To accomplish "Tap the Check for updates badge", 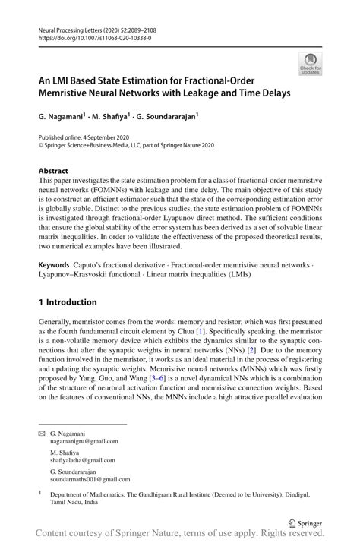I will (x=310, y=64).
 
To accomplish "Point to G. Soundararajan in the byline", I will (x=168, y=118).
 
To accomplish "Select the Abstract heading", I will (x=53, y=171).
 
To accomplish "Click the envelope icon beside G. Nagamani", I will (x=43, y=432).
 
